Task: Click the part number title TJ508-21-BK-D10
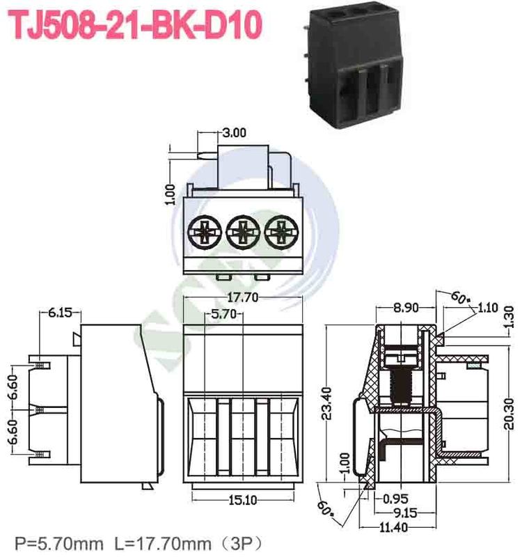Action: point(135,26)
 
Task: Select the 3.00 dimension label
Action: point(235,133)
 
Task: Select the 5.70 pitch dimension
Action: point(224,315)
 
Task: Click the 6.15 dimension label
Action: point(60,313)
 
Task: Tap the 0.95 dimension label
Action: point(395,499)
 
